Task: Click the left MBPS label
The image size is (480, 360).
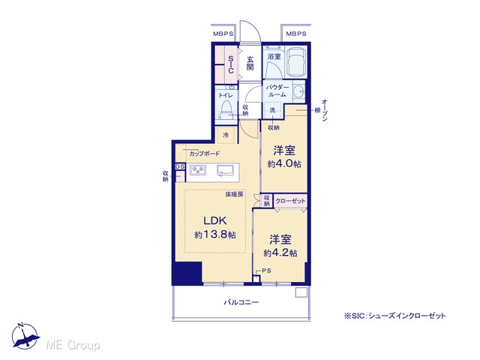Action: (223, 34)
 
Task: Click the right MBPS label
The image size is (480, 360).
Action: (296, 34)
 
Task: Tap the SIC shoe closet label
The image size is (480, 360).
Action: (231, 64)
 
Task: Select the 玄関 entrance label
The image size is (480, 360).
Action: (250, 63)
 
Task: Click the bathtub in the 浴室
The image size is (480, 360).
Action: (296, 62)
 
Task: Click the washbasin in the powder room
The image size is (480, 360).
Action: (298, 91)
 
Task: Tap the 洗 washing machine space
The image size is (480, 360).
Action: (272, 110)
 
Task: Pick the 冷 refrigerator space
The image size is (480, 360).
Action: (226, 135)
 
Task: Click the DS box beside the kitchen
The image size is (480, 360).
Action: (180, 166)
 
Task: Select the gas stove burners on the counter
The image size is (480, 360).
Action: (197, 170)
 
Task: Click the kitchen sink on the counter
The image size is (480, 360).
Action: (225, 170)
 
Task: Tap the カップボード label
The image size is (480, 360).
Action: (204, 153)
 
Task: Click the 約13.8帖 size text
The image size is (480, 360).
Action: (215, 235)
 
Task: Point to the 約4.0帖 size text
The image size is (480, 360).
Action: (284, 163)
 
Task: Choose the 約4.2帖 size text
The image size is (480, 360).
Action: (280, 253)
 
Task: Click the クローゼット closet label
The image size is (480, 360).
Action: (290, 201)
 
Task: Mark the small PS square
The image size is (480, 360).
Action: (256, 279)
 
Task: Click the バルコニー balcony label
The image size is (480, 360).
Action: (241, 302)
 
